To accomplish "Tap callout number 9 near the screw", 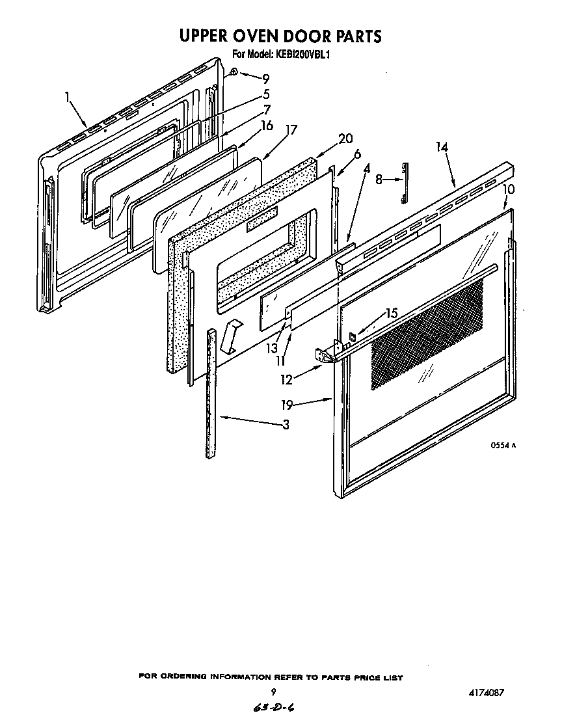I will (x=265, y=79).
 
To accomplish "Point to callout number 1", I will (x=68, y=97).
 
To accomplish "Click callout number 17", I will (x=290, y=129).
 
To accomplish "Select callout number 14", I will (x=442, y=148).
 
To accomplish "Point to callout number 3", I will (x=286, y=425).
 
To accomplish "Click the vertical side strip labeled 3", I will (x=211, y=393).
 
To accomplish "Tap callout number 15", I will (x=390, y=314).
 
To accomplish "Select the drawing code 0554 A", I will (x=503, y=446).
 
